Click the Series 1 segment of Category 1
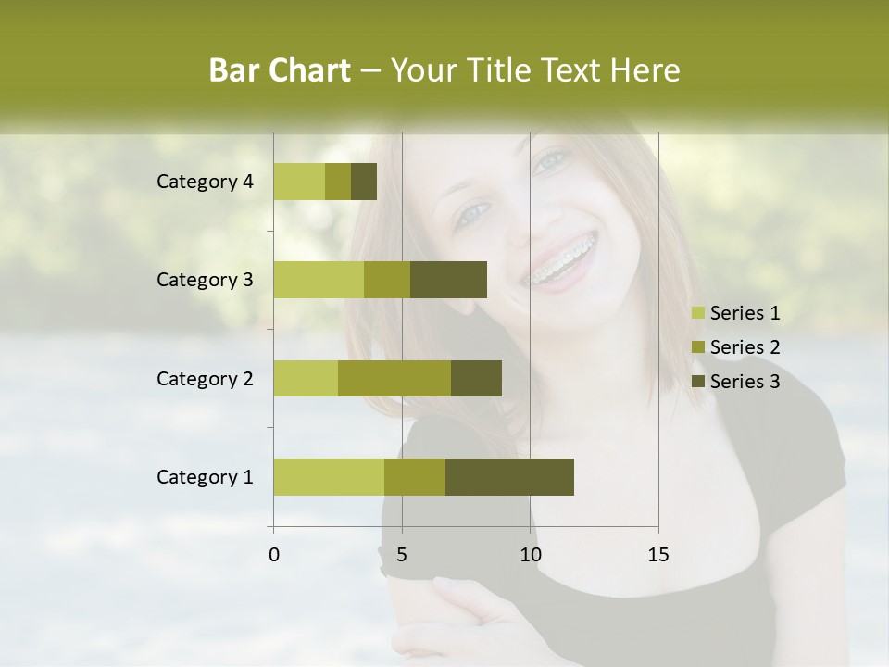pos(329,476)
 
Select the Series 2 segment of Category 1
pos(415,476)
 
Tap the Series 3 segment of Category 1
pos(509,476)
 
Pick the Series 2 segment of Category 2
pos(394,378)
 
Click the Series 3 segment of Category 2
pos(476,378)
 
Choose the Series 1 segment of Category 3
pos(319,280)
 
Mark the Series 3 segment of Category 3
pos(448,280)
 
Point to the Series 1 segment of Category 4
pos(299,182)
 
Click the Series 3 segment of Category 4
pos(364,182)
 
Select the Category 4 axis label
pos(205,182)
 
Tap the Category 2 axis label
pos(205,378)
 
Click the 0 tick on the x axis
pos(274,555)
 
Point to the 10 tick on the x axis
pos(530,555)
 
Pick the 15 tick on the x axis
pos(657,555)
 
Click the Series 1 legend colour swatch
pos(698,313)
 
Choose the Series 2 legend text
pos(745,347)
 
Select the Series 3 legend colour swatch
pos(698,382)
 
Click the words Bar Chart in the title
pos(280,70)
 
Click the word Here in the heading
pos(645,70)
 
